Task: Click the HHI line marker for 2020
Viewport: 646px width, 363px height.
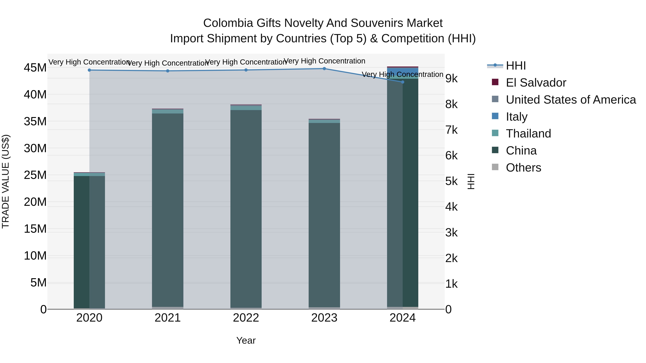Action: [x=89, y=70]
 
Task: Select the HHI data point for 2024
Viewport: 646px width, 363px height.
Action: [x=402, y=82]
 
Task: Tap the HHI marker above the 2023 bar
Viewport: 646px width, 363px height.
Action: [x=324, y=69]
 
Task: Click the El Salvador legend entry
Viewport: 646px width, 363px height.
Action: [x=536, y=83]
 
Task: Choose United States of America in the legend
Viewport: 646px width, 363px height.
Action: [x=570, y=100]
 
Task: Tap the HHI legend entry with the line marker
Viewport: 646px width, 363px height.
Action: [x=516, y=66]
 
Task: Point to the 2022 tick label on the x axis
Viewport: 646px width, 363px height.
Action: [x=246, y=318]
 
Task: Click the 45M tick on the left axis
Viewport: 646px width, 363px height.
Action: [x=35, y=68]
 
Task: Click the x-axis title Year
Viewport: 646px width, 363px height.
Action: [x=246, y=340]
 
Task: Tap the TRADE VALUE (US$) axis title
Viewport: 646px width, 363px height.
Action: [x=6, y=181]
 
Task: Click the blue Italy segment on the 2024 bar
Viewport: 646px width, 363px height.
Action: [x=402, y=72]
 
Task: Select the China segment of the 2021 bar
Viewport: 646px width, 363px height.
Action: [x=168, y=210]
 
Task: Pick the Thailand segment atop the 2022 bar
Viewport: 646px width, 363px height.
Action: [x=246, y=108]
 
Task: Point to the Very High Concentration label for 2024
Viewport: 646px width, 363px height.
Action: [x=402, y=74]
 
